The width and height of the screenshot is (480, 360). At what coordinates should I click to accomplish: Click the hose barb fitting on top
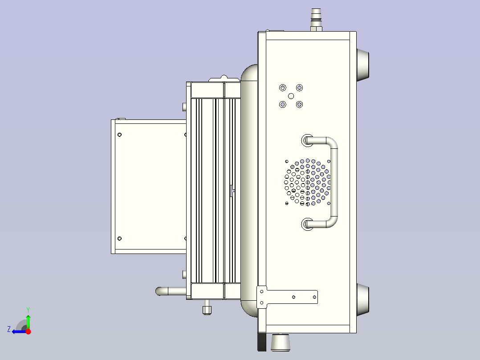(316, 18)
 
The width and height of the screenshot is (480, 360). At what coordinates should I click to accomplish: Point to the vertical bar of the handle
(334, 183)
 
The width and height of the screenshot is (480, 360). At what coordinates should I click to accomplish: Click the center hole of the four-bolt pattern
(291, 96)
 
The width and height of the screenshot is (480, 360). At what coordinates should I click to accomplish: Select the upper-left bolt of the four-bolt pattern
(282, 87)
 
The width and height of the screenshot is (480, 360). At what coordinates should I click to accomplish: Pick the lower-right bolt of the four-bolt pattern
(299, 104)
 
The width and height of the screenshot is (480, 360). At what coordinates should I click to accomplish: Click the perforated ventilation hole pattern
(307, 182)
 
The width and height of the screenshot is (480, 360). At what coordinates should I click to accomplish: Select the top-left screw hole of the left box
(119, 135)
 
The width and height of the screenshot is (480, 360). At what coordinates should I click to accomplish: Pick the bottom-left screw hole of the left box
(119, 238)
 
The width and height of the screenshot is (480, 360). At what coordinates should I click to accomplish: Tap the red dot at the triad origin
(28, 331)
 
